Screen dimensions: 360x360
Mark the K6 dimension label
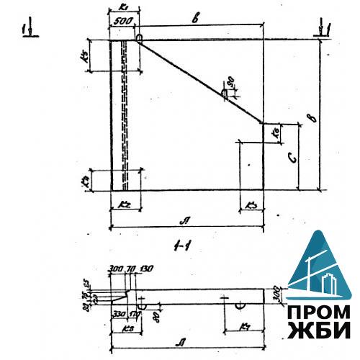(275, 132)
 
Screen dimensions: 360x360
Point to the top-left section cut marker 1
(25, 30)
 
